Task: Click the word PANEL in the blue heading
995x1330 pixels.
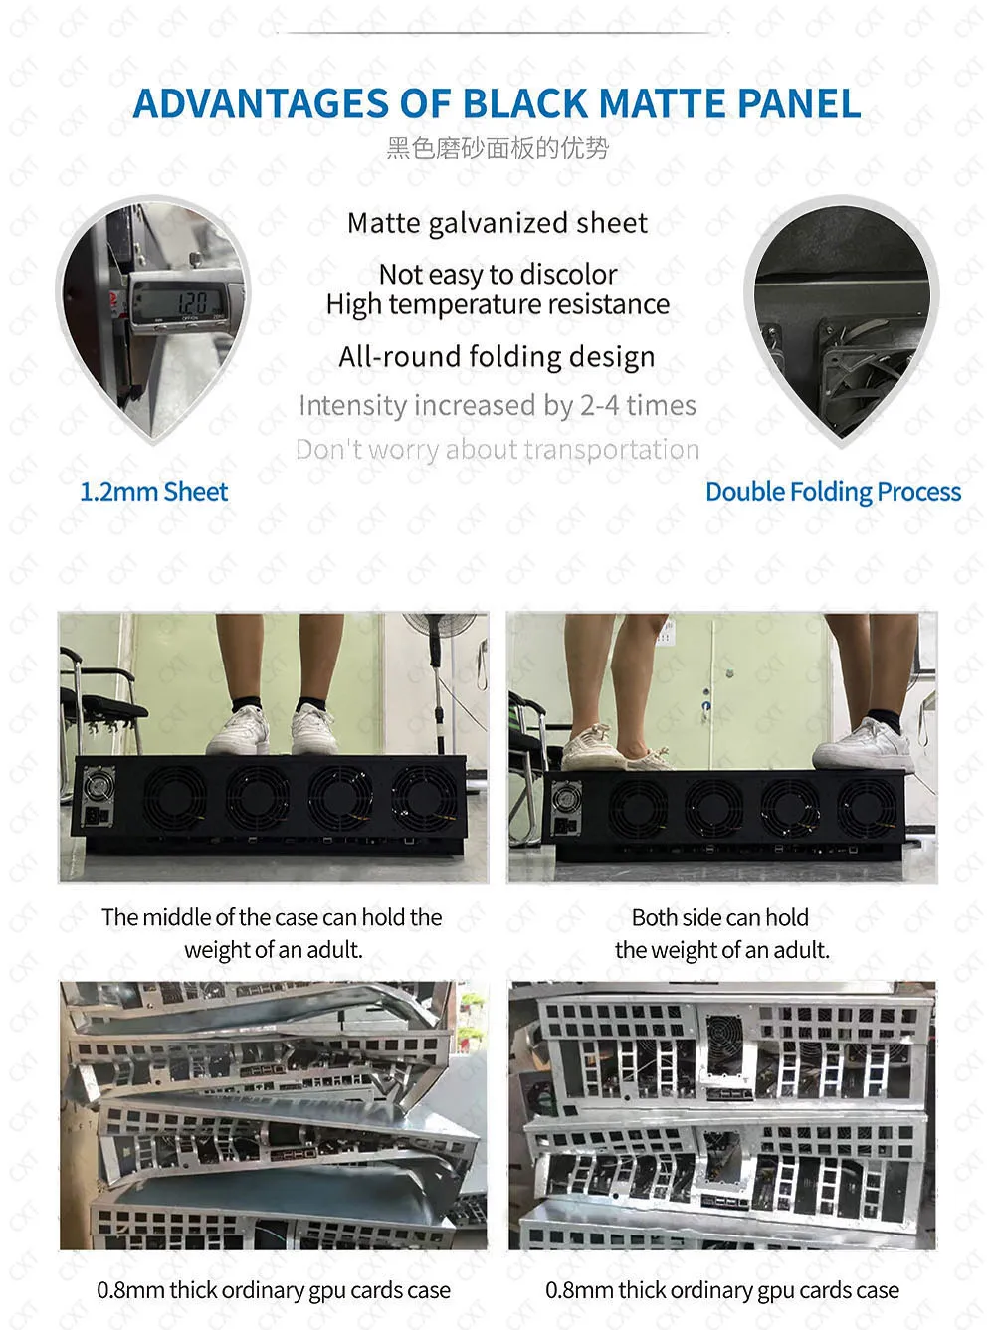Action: pos(799,103)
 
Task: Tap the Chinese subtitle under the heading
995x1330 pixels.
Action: pos(497,148)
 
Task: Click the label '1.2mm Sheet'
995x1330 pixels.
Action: pos(154,492)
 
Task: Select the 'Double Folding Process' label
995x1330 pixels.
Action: pos(833,492)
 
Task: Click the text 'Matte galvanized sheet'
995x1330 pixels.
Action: pos(497,223)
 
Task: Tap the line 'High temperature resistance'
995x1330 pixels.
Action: pos(497,304)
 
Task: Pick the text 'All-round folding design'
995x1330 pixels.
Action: pos(497,357)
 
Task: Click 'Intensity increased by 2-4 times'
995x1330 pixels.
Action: pos(497,405)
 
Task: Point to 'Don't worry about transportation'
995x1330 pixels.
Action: pos(497,450)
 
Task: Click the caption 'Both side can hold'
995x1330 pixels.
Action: pos(720,917)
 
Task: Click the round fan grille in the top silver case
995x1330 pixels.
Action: pos(724,1040)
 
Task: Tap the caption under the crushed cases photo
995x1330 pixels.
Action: pos(274,1290)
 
